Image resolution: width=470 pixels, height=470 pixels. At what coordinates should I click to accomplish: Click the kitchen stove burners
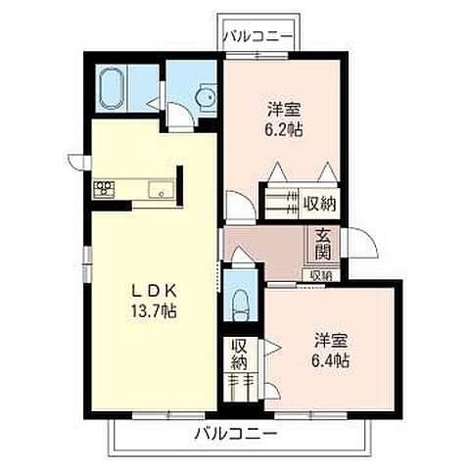pyautogui.click(x=105, y=188)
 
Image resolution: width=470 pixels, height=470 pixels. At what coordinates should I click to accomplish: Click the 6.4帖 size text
pyautogui.click(x=330, y=361)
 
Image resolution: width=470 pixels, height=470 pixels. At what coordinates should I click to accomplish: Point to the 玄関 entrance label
pyautogui.click(x=322, y=245)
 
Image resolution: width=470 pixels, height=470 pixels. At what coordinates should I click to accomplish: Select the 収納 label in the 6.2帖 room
pyautogui.click(x=319, y=204)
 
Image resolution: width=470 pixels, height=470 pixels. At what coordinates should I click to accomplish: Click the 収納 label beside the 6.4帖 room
pyautogui.click(x=238, y=353)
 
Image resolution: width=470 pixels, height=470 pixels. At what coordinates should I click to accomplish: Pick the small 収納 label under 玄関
pyautogui.click(x=320, y=276)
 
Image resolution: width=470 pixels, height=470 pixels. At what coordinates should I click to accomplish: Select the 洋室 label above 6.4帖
pyautogui.click(x=330, y=342)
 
